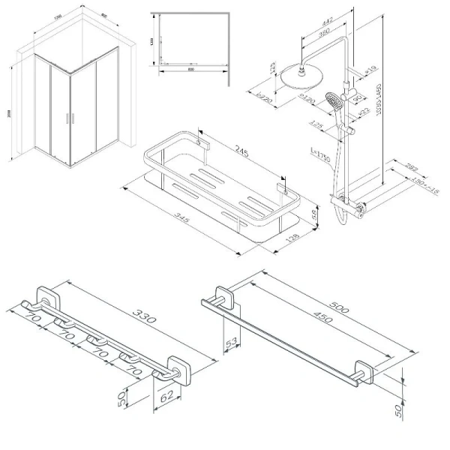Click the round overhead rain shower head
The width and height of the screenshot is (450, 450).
pos(302,77)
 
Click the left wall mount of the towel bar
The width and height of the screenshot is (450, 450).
pos(224,296)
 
